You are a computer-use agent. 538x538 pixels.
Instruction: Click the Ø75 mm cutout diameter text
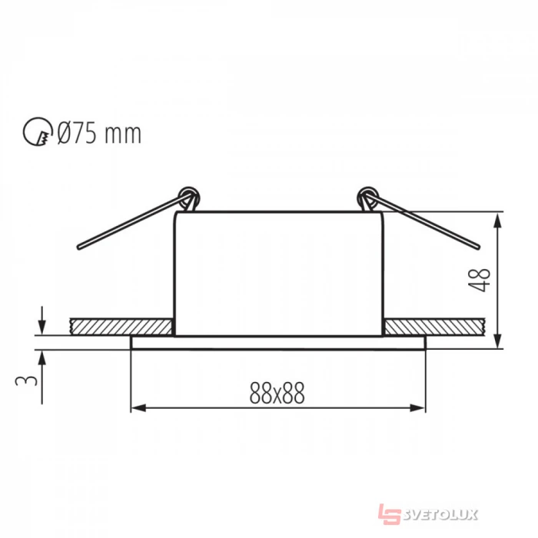click(x=99, y=133)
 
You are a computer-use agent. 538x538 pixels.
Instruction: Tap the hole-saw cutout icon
click(x=38, y=132)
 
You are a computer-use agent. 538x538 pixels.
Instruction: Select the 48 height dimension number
click(x=480, y=281)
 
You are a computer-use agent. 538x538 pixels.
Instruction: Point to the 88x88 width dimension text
click(x=277, y=394)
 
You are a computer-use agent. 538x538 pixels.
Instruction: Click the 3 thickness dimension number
click(x=25, y=380)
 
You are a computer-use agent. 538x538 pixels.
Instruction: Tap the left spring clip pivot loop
click(x=189, y=197)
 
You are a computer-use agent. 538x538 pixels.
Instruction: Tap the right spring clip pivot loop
click(x=368, y=197)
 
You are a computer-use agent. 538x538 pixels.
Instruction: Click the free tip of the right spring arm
click(x=477, y=247)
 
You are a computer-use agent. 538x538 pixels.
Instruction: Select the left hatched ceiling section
click(x=121, y=327)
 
